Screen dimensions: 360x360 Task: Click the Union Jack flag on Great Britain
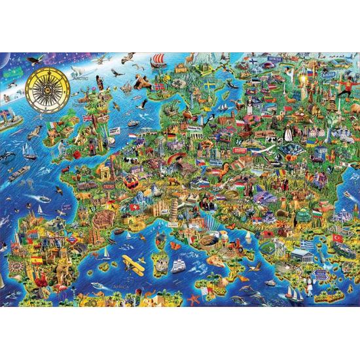tap(87, 118)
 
